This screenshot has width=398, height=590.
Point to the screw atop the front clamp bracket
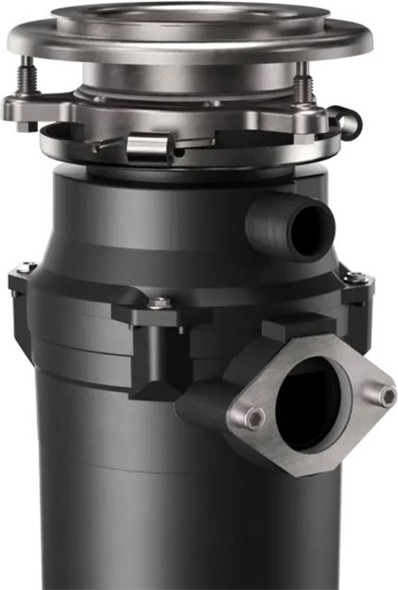[161, 303]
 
